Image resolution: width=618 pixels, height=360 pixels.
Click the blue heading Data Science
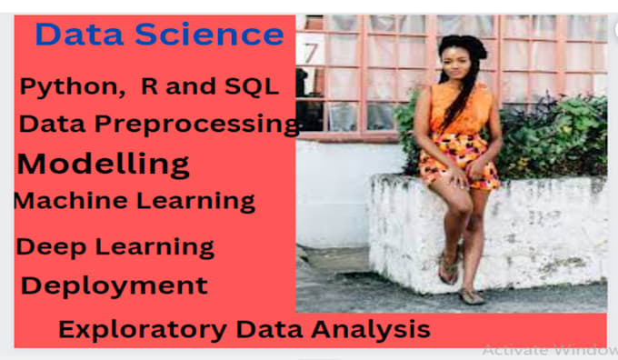click(x=159, y=35)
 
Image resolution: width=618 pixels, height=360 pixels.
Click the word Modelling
click(x=104, y=165)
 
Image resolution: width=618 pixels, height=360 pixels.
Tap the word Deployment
click(x=115, y=285)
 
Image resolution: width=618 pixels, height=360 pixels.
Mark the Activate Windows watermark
click(x=550, y=349)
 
